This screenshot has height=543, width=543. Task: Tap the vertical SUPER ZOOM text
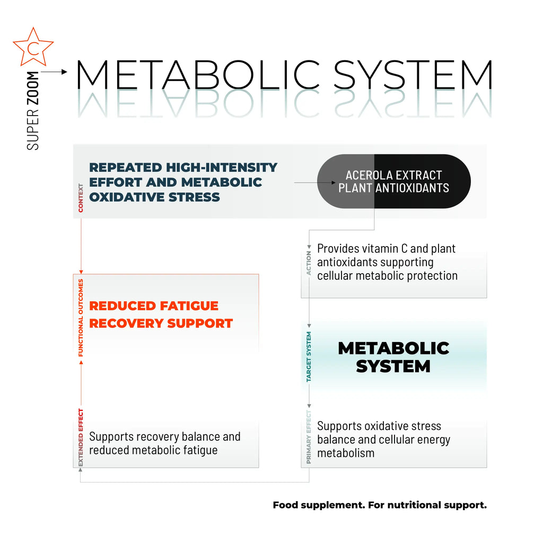pyautogui.click(x=33, y=110)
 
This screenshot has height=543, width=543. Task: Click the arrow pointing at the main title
pyautogui.click(x=54, y=71)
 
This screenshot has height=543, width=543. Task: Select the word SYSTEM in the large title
pyautogui.click(x=413, y=75)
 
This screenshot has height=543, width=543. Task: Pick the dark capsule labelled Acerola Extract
pyautogui.click(x=393, y=181)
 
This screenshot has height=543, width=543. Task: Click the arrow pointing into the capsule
pyautogui.click(x=316, y=182)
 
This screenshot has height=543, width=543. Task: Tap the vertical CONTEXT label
pyautogui.click(x=81, y=198)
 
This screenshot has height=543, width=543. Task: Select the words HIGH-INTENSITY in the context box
pyautogui.click(x=222, y=168)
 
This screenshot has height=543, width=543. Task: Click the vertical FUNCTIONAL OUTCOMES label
pyautogui.click(x=81, y=317)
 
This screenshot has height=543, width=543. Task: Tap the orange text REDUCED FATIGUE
pyautogui.click(x=154, y=306)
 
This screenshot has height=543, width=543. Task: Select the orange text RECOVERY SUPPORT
pyautogui.click(x=161, y=323)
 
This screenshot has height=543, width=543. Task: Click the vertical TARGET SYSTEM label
pyautogui.click(x=309, y=357)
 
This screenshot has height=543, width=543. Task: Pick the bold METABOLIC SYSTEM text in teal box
pyautogui.click(x=393, y=357)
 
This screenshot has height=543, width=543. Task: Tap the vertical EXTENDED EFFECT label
pyautogui.click(x=81, y=437)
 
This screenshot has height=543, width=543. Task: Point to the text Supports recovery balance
pyautogui.click(x=164, y=437)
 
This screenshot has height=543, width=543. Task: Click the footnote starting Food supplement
pyautogui.click(x=379, y=505)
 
